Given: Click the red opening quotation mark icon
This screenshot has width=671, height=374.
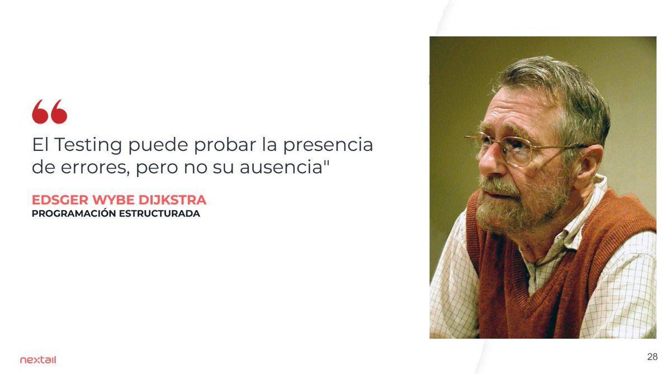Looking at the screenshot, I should tap(49, 112).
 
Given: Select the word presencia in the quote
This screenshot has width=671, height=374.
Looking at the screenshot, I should tap(328, 145).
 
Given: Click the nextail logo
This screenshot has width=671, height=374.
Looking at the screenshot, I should tap(38, 360).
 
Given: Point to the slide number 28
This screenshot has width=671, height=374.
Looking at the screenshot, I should tap(652, 357).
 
